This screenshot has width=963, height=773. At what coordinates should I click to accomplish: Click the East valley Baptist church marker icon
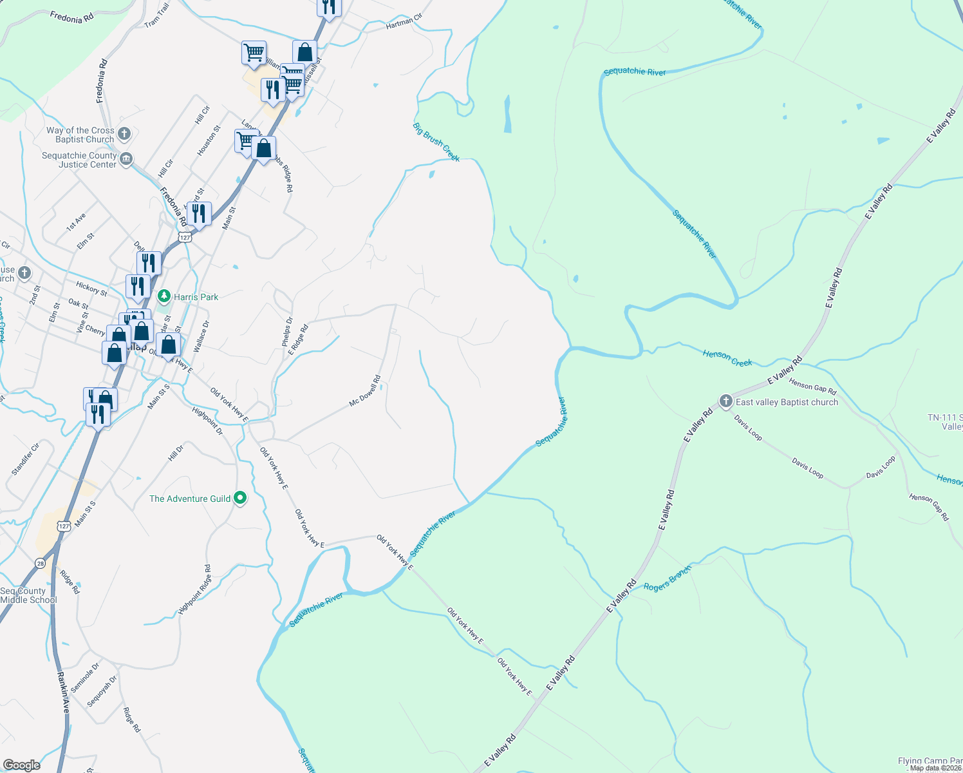point(725,402)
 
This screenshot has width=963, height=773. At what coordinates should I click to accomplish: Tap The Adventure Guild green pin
point(240,498)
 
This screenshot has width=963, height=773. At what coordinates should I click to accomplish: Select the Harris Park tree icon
point(164,296)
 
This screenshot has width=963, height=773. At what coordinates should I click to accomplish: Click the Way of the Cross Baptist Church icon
point(125,134)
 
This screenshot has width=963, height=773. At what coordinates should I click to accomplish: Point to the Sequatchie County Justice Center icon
point(126,158)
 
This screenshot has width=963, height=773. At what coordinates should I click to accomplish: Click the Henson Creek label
point(727,358)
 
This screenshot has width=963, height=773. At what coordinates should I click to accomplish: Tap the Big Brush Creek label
point(436,142)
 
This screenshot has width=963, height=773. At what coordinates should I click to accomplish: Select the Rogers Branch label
point(667,578)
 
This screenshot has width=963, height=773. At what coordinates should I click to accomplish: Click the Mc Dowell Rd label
point(365,391)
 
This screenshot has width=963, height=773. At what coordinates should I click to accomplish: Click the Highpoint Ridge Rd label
point(194,589)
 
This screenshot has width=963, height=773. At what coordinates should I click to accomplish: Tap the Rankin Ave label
point(63,692)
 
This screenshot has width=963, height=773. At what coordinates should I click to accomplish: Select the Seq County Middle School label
point(28,595)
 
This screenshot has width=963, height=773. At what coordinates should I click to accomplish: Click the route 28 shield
point(40,563)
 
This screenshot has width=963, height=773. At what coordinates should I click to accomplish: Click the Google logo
point(21,765)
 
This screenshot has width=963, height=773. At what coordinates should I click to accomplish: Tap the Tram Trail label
point(156,15)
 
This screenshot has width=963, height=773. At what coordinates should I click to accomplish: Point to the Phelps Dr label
point(287,332)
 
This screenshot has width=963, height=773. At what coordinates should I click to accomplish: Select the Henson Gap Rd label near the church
point(812,386)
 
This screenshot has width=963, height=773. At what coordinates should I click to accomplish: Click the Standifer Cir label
point(25,459)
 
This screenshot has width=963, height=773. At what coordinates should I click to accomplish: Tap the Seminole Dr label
point(85,678)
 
